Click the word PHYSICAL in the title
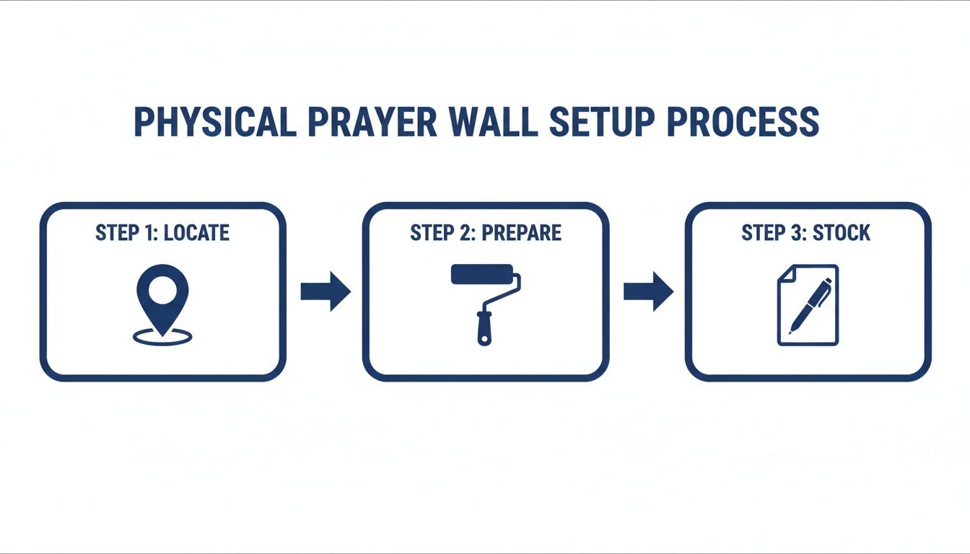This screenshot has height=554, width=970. coord(214,122)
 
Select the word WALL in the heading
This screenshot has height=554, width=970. coord(493,122)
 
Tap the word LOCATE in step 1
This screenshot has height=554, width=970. coord(197,233)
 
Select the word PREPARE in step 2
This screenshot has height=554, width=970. coord(521,233)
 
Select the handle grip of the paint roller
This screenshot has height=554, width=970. coord(484,329)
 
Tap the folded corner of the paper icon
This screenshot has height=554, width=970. coord(785,273)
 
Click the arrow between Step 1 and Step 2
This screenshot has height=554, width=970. coord(325,291)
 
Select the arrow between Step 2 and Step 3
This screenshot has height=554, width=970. coord(647,291)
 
